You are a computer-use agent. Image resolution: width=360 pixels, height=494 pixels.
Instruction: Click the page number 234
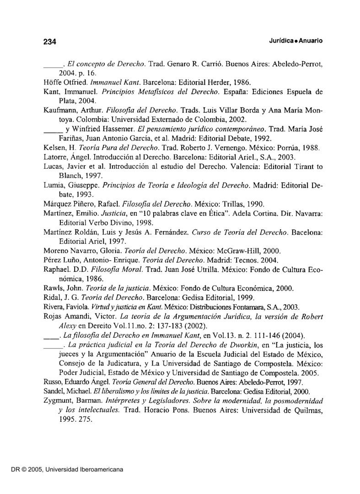(49, 42)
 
